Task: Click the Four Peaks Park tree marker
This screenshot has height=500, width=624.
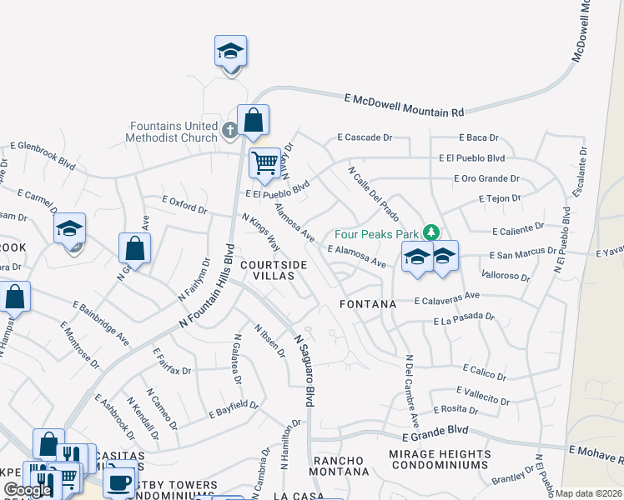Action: click(x=431, y=231)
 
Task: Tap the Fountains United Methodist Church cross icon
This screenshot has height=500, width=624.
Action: click(x=231, y=131)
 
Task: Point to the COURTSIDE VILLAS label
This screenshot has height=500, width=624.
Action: click(x=274, y=270)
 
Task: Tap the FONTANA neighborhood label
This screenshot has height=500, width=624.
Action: click(x=368, y=304)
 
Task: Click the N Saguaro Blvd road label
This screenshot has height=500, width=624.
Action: click(x=304, y=371)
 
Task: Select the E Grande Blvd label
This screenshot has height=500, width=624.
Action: click(x=435, y=434)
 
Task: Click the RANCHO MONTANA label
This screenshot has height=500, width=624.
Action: click(x=339, y=467)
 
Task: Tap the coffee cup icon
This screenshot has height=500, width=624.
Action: click(x=120, y=481)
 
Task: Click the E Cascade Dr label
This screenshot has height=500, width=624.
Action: click(x=365, y=137)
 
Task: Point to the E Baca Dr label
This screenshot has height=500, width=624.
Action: click(x=478, y=137)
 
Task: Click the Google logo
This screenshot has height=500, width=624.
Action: click(x=28, y=490)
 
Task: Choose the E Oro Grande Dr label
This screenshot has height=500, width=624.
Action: click(x=486, y=178)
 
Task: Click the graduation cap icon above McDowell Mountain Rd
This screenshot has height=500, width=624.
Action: click(x=230, y=52)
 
